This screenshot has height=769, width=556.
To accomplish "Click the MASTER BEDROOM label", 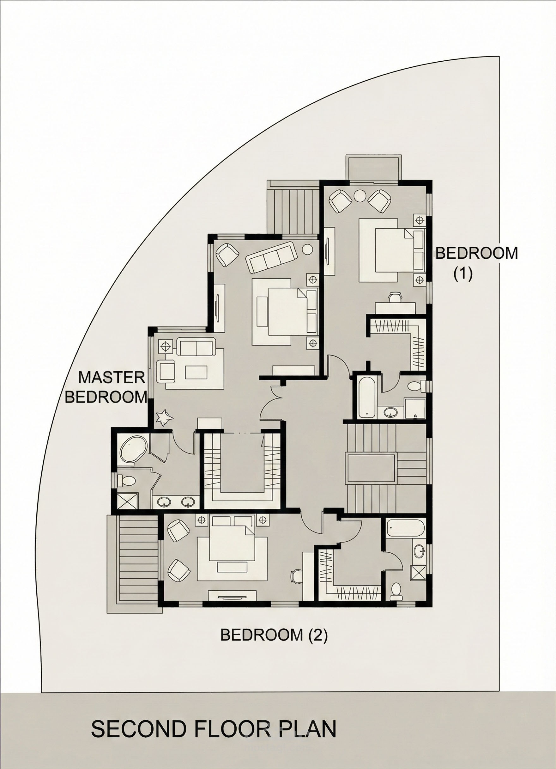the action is point(106,387).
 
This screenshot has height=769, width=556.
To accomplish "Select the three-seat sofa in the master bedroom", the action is point(271,257).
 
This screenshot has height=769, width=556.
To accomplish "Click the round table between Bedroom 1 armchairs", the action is point(360,196).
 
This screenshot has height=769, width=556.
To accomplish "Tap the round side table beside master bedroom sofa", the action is point(308,249).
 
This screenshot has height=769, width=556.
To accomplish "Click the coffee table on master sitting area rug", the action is point(196,372).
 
